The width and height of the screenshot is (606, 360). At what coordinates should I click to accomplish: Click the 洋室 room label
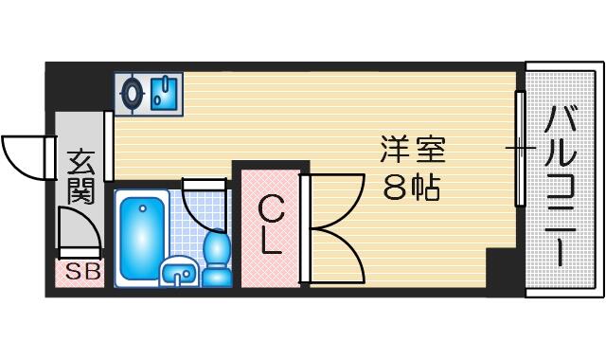[x=413, y=150]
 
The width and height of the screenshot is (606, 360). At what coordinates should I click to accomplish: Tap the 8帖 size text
[x=411, y=188]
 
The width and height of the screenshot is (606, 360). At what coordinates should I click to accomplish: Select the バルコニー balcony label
[x=560, y=186]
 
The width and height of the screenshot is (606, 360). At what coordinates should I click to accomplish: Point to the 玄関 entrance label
[x=80, y=177]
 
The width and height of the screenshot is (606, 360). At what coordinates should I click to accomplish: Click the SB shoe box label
[x=83, y=272]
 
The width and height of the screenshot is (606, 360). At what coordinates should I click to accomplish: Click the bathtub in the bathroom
[x=142, y=238]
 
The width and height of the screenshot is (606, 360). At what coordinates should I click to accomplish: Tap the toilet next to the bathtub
[x=217, y=259]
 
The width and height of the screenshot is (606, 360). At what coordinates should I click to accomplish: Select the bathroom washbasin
[x=179, y=273]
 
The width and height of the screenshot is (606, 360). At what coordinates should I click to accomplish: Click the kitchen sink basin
[x=164, y=94]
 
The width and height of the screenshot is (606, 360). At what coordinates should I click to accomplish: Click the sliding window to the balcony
[x=521, y=149]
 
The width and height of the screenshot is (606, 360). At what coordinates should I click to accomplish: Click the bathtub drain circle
[x=143, y=208]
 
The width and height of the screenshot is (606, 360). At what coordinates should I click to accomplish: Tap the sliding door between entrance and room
[x=109, y=146]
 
